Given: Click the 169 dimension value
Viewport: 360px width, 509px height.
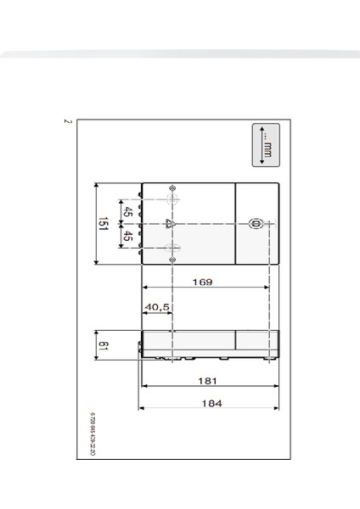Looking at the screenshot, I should pyautogui.click(x=202, y=282).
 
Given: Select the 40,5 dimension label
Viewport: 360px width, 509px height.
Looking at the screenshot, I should pyautogui.click(x=157, y=307).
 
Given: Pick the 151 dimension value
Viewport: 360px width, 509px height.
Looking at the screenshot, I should pyautogui.click(x=103, y=224).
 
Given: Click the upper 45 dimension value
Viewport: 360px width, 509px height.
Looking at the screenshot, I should pyautogui.click(x=128, y=212).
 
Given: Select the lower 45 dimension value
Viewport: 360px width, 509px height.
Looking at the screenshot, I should pyautogui.click(x=128, y=237).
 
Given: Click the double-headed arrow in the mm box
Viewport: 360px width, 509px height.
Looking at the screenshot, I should pyautogui.click(x=262, y=145).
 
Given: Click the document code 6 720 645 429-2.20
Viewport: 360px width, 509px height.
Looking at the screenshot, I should pyautogui.click(x=93, y=435).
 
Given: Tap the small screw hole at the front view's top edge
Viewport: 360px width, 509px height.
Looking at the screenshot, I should pyautogui.click(x=172, y=187).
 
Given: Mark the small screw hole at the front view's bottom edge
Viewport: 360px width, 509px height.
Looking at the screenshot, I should pyautogui.click(x=172, y=260).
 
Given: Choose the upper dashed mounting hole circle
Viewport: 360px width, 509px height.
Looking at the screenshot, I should pyautogui.click(x=172, y=200).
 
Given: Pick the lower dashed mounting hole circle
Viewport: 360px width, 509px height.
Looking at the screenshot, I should pyautogui.click(x=172, y=248).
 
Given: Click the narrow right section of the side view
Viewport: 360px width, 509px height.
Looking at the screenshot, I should pyautogui.click(x=256, y=344).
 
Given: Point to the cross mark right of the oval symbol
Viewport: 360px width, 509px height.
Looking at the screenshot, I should pyautogui.click(x=269, y=224).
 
